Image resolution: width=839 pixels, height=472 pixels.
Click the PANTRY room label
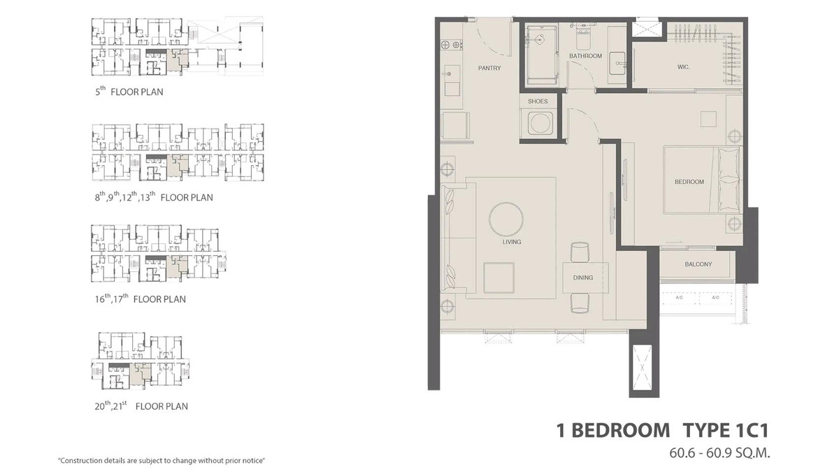point(489,69)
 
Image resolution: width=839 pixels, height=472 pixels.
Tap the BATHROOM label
point(585,56)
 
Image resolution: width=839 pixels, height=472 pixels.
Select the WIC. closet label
point(684,67)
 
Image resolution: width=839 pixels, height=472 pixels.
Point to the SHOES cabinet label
point(538,101)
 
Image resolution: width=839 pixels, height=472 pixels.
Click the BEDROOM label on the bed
point(689,182)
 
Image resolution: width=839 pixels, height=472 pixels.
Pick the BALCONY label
point(698,264)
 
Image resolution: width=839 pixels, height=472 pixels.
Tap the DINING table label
point(582,278)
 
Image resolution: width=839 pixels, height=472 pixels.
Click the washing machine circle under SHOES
point(538,125)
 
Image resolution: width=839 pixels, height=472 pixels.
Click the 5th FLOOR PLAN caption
point(129,92)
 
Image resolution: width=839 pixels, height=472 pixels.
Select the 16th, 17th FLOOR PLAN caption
point(140,299)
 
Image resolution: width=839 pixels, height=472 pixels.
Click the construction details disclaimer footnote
point(162,461)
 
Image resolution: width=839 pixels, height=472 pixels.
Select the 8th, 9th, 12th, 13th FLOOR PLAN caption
point(154,197)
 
